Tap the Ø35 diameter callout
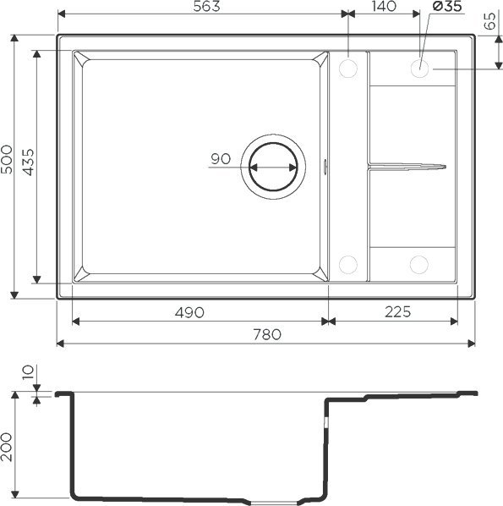pos(446,8)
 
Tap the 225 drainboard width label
pos(394,311)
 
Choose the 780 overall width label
pos(266,334)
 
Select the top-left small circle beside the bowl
pos(347,68)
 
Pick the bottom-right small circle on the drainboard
pos(418,263)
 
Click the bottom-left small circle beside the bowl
pos(347,263)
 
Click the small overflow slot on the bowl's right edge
pos(326,166)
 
